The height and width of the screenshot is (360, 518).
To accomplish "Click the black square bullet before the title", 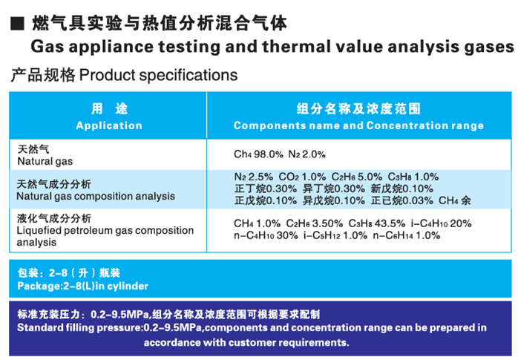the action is pyautogui.click(x=17, y=24).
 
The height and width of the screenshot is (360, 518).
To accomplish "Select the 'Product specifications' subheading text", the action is pyautogui.click(x=158, y=76).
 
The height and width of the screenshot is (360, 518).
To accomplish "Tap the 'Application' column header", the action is pyautogui.click(x=109, y=125).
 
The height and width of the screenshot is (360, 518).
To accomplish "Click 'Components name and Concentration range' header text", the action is pyautogui.click(x=358, y=125).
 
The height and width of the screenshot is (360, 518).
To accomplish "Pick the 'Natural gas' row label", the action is pyautogui.click(x=45, y=161).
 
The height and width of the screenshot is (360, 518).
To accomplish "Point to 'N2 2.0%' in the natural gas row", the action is pyautogui.click(x=307, y=154).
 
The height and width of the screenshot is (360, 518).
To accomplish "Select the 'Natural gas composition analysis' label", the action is pyautogui.click(x=96, y=196).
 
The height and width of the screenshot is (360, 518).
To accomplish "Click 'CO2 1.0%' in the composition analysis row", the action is pyautogui.click(x=302, y=177).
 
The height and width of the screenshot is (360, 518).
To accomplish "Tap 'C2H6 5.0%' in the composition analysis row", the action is pyautogui.click(x=357, y=177).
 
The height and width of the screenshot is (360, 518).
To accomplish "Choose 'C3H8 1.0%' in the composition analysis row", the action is pyautogui.click(x=413, y=177).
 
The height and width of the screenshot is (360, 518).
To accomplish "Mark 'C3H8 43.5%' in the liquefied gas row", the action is pyautogui.click(x=377, y=223).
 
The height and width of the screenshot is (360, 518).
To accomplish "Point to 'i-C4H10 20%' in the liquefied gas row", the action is pyautogui.click(x=441, y=223).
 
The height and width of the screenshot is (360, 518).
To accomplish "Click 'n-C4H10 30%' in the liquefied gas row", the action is pyautogui.click(x=266, y=235).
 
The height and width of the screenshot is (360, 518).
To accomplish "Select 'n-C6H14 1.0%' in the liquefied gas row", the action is pyautogui.click(x=407, y=235).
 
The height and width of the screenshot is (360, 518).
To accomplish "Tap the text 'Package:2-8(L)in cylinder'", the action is pyautogui.click(x=83, y=286).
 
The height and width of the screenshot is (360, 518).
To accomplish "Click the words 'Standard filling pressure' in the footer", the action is pyautogui.click(x=79, y=327).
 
